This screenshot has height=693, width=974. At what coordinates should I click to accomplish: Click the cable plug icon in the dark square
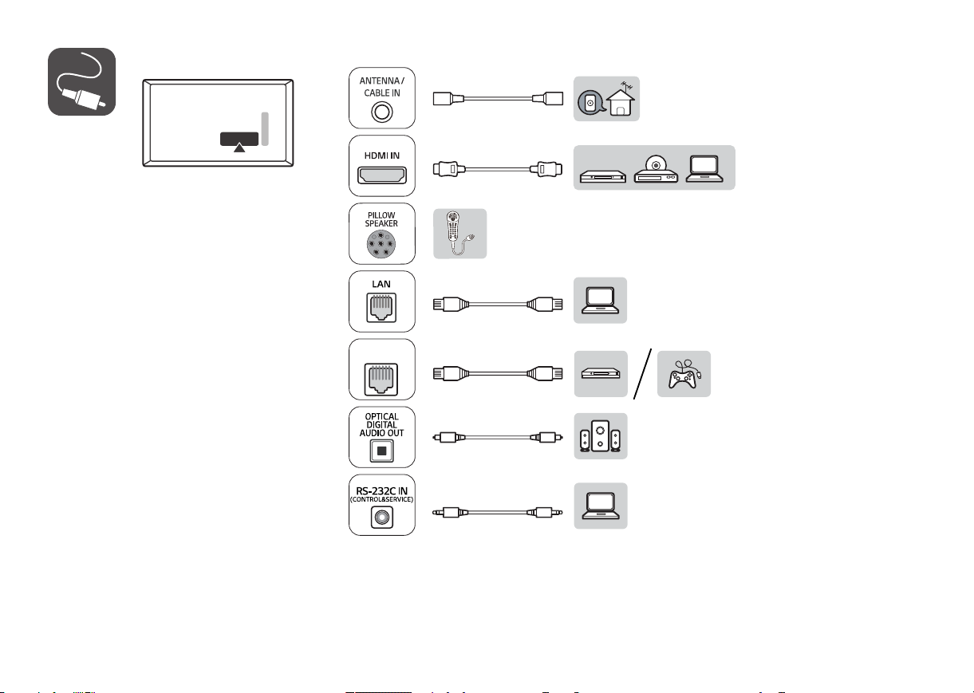coord(81,81)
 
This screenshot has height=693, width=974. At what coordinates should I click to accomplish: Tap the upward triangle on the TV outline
coord(239,148)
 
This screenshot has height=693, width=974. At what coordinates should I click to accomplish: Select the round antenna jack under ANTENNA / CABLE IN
coord(382,112)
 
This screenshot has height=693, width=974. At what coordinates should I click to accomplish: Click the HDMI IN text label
coord(382,156)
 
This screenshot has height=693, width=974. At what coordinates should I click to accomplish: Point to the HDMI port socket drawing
coord(382,175)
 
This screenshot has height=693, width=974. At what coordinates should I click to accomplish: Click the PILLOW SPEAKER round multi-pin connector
coord(381,244)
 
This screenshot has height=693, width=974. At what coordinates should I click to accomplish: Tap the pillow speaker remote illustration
coord(459,234)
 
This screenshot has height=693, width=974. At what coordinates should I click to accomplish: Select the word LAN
coord(381,284)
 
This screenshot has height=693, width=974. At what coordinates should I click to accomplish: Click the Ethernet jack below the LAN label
coord(381,308)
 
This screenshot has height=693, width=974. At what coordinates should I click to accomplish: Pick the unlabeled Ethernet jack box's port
coord(381,379)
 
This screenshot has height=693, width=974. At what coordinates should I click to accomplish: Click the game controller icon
coord(684,374)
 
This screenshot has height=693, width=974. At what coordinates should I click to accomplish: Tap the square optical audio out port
coord(382,451)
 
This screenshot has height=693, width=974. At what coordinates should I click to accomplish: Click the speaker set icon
coord(601,436)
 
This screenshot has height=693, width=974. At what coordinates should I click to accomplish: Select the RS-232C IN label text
coord(382,490)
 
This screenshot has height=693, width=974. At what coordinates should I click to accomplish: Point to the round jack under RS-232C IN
coord(382,518)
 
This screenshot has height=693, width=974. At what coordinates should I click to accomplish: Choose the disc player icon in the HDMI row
coord(656,169)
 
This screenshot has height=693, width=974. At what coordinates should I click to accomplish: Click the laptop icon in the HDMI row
coord(704,169)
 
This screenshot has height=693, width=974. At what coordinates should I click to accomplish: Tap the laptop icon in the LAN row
coord(600,300)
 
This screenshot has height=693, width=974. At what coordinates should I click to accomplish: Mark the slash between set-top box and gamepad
coord(642,374)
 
